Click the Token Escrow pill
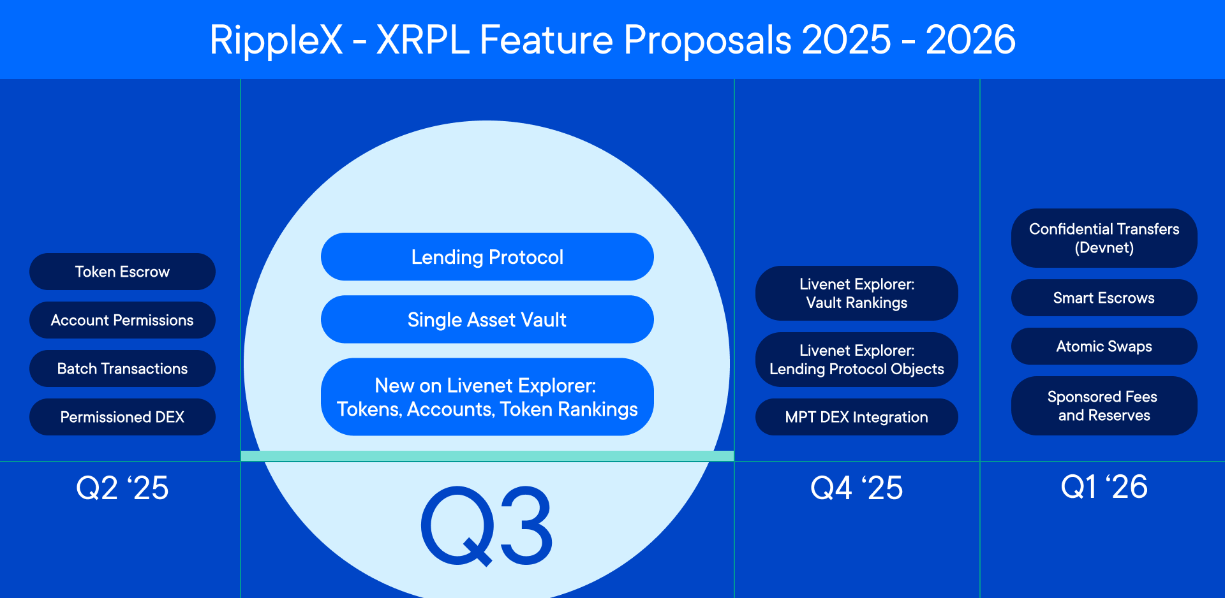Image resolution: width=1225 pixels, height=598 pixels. click(x=122, y=272)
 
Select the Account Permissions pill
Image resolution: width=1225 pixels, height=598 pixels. click(x=122, y=320)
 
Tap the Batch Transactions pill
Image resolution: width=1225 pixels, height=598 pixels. click(x=122, y=368)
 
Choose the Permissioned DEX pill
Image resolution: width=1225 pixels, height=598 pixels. click(x=122, y=417)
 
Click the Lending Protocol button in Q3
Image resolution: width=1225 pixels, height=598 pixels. click(x=487, y=257)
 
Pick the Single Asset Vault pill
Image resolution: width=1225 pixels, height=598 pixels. click(x=487, y=319)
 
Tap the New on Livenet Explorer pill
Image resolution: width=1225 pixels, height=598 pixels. click(x=487, y=397)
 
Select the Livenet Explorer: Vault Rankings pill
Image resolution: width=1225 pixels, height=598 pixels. click(x=856, y=293)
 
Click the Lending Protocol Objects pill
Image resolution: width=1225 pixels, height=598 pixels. click(x=856, y=360)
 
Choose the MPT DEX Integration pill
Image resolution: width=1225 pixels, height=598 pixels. click(x=856, y=417)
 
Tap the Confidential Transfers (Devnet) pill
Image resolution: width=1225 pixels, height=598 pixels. click(x=1104, y=238)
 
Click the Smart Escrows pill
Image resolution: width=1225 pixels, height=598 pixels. click(x=1104, y=298)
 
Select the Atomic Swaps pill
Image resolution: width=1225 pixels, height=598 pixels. click(x=1104, y=346)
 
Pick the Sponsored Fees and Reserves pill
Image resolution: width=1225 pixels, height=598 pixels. click(x=1104, y=405)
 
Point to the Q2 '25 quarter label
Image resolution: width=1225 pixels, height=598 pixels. click(x=122, y=488)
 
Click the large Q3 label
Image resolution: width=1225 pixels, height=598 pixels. click(x=487, y=527)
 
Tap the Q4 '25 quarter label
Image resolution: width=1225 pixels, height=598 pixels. click(x=856, y=488)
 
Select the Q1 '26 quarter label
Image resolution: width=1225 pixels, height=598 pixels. click(x=1104, y=487)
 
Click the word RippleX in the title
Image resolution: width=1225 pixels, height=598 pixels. click(x=276, y=40)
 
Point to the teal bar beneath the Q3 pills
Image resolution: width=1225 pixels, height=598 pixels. click(x=487, y=456)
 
